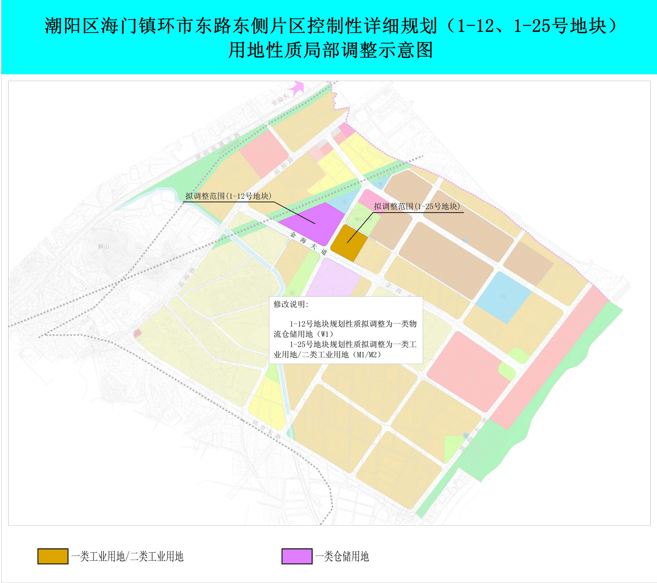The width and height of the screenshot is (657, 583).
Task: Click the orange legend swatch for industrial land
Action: (x=53, y=556)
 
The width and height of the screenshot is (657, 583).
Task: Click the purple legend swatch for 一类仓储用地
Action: (x=297, y=556)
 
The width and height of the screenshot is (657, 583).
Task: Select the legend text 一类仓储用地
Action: (x=342, y=556)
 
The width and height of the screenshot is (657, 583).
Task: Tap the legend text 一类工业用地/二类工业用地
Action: (x=127, y=556)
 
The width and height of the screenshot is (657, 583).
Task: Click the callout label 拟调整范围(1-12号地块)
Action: (x=228, y=196)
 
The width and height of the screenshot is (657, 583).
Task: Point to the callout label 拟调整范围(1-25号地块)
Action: (x=417, y=206)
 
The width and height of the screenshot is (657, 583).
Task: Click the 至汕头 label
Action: (x=280, y=100)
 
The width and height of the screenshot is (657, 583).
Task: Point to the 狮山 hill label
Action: (x=103, y=246)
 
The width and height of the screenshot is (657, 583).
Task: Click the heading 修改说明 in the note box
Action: (x=291, y=304)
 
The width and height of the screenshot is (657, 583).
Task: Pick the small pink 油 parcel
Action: (x=138, y=333)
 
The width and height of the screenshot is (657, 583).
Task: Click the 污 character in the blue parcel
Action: (x=502, y=296)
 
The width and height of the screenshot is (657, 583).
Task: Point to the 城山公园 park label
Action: (x=363, y=219)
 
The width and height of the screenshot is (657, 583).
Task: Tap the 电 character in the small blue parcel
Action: (x=380, y=184)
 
